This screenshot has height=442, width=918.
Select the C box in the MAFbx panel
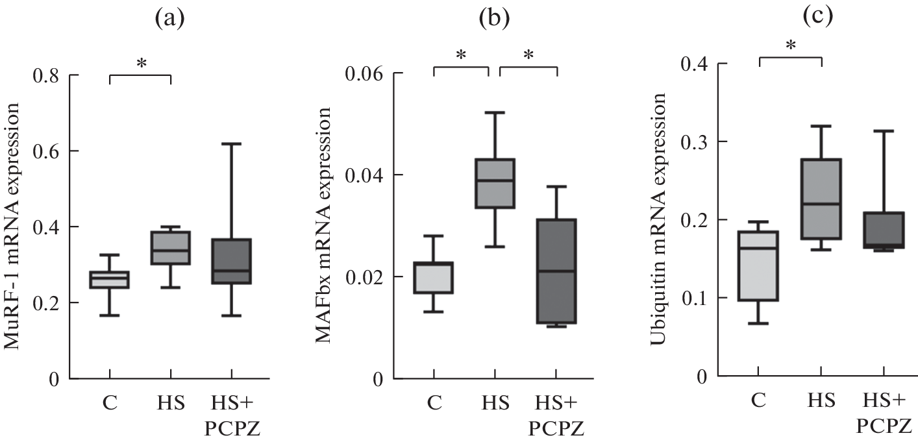(x=434, y=278)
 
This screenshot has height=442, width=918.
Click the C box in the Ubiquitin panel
(x=758, y=265)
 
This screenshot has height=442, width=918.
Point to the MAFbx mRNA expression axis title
(x=325, y=227)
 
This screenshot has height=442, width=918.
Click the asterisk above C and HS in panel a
(x=141, y=64)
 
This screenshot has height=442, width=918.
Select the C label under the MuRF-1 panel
(x=109, y=403)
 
